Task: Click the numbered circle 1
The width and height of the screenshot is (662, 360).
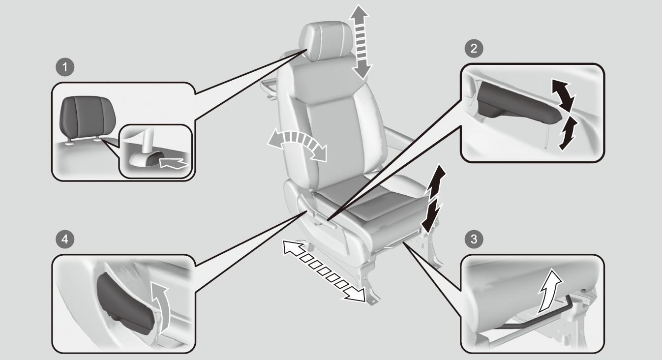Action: [x=65, y=67]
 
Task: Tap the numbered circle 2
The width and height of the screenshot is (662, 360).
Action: [x=474, y=48]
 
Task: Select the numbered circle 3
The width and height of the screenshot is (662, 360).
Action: [x=474, y=239]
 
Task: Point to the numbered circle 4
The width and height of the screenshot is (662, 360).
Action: [x=65, y=239]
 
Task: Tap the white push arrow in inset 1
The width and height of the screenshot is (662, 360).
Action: [x=173, y=163]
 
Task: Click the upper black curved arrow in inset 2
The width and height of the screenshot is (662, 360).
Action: [x=563, y=94]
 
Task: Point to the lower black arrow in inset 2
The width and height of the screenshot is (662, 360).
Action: [x=567, y=134]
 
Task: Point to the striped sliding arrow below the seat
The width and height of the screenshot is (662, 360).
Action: [x=324, y=271]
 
